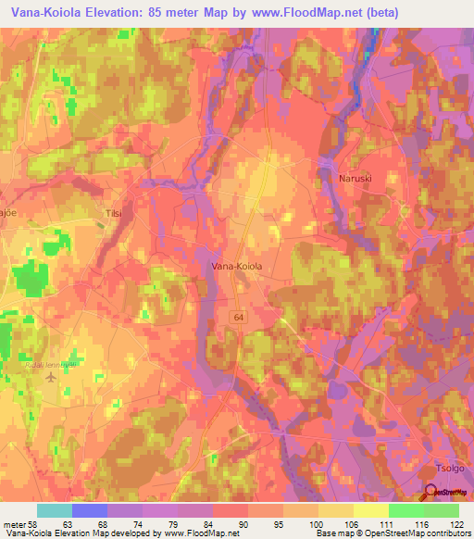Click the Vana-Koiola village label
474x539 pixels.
click(x=238, y=266)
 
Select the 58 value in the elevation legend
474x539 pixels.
click(x=35, y=523)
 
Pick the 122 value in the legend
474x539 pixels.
click(x=456, y=523)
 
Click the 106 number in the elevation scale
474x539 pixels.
click(x=351, y=523)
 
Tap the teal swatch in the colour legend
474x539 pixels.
click(x=55, y=510)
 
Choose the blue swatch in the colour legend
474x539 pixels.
click(x=90, y=510)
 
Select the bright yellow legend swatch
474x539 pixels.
click(x=371, y=510)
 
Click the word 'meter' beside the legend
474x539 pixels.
click(x=13, y=523)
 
